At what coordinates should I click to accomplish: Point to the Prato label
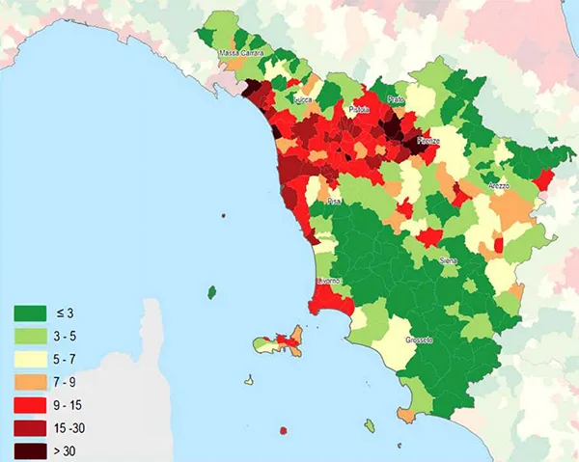[395, 100]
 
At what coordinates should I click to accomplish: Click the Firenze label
[428, 141]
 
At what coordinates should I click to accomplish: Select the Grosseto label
[419, 340]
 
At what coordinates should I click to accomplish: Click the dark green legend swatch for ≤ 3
[29, 313]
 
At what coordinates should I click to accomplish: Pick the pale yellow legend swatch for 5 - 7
[29, 359]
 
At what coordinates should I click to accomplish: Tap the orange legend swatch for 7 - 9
[29, 382]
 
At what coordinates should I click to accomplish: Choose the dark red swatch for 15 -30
[29, 427]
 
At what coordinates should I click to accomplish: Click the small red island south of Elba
[284, 428]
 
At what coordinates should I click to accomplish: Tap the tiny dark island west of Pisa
[223, 216]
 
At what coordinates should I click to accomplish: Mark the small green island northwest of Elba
[211, 291]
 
